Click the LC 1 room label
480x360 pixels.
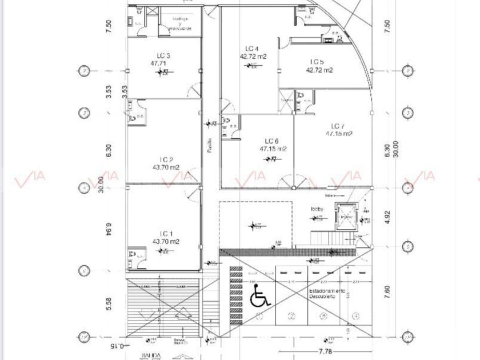coord(166,233)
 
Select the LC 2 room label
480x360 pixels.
coord(166,160)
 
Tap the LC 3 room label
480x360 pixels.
coord(163,55)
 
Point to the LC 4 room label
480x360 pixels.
coord(252,49)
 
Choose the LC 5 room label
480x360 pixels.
coord(318,62)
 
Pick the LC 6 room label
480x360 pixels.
coord(271,141)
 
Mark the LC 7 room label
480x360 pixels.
coord(338,126)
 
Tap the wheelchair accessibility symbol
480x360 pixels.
coord(260,296)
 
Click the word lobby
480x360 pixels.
coord(317,209)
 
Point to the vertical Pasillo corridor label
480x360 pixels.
coord(210,146)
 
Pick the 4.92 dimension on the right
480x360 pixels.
coord(388,218)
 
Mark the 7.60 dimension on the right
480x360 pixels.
coord(388,292)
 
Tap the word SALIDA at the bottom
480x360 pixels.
coord(135,355)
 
